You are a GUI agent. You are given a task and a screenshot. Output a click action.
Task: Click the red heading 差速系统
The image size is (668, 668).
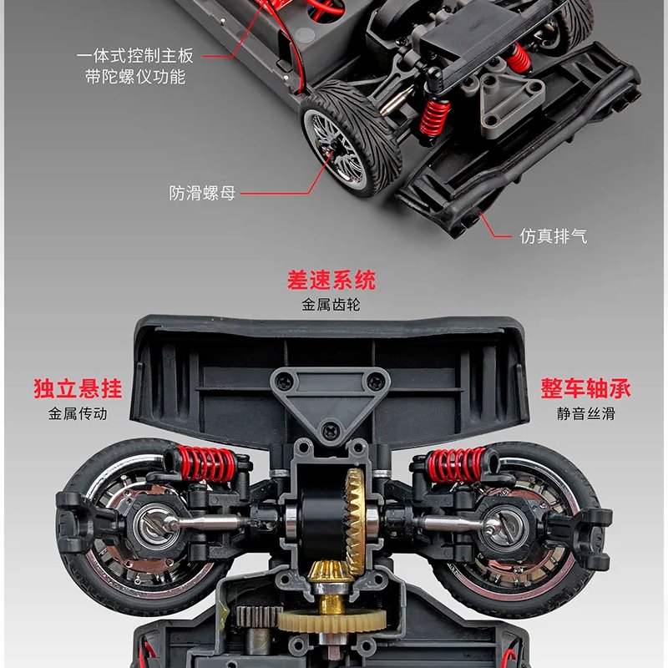coord(331,280)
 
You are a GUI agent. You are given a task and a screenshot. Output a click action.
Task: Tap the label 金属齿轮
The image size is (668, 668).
coord(331,305)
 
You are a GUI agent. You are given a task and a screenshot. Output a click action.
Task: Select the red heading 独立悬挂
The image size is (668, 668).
coord(78,388)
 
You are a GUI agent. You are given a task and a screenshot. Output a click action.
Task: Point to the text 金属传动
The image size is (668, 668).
coord(78,413)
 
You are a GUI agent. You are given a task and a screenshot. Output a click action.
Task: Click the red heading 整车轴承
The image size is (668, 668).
coord(585,388)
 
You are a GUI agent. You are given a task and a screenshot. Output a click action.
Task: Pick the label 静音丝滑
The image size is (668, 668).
coord(585,413)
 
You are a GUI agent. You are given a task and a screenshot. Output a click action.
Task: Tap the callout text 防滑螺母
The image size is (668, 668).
coord(202,194)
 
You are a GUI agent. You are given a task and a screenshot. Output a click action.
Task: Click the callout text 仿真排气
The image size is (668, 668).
coord(553,236)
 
